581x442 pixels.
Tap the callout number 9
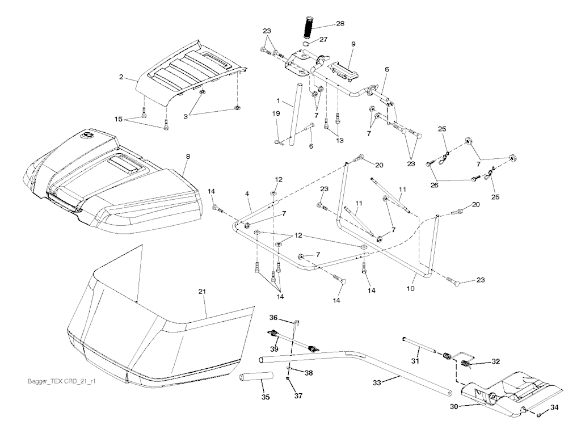(x=353, y=44)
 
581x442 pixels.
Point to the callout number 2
(x=121, y=76)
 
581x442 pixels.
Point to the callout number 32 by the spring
(x=495, y=360)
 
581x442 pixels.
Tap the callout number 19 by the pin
(x=275, y=113)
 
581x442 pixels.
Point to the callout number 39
(x=274, y=349)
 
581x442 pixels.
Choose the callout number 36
(x=273, y=318)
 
